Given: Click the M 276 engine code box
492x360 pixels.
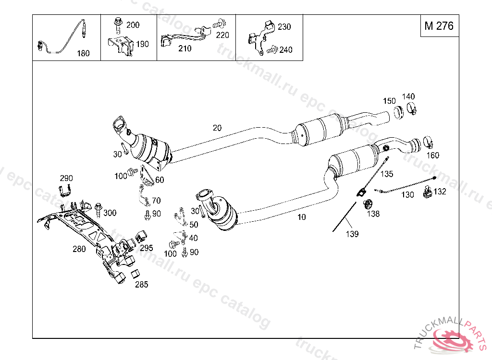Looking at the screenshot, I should [439, 26].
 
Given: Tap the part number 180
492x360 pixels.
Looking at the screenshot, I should [83, 53].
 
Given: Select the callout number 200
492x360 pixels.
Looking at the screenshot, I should [133, 24].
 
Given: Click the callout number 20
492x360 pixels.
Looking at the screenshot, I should [217, 128].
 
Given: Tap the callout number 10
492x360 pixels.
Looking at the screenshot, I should [301, 217].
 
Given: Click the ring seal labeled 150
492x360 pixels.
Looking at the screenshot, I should [398, 113].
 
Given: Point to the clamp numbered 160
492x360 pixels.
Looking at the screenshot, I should [427, 143].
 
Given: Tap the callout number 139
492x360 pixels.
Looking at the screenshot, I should [353, 234].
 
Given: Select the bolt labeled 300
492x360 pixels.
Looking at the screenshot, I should [99, 208].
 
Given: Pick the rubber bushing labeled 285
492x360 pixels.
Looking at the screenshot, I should [135, 275].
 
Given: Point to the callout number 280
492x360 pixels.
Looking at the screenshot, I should [79, 249].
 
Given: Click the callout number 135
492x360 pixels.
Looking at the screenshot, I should [387, 174].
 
